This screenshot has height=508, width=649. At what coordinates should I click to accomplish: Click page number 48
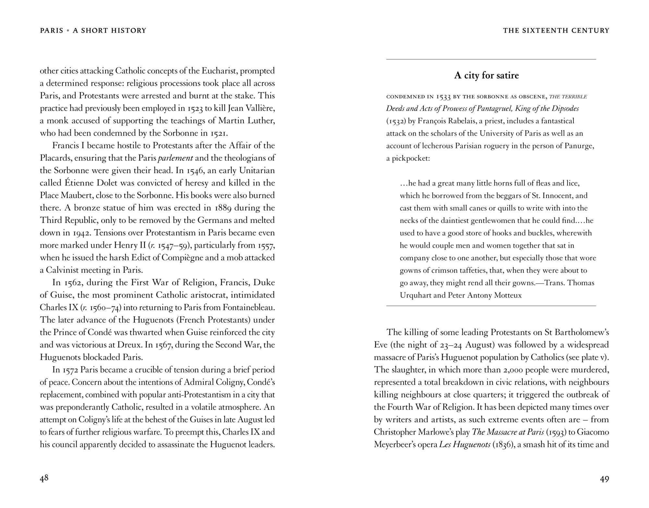pos(44,478)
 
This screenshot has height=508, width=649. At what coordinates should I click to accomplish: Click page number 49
pos(604,479)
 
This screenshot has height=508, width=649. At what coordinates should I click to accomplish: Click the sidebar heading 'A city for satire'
pos(486,76)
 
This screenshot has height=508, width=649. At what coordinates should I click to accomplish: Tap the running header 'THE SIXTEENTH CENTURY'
pos(556,31)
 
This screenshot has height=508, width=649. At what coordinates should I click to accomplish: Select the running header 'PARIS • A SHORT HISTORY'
pos(93,31)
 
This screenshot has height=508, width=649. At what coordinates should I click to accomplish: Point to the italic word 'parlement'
pos(175,158)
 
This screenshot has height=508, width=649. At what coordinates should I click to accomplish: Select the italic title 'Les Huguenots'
pos(465,444)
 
